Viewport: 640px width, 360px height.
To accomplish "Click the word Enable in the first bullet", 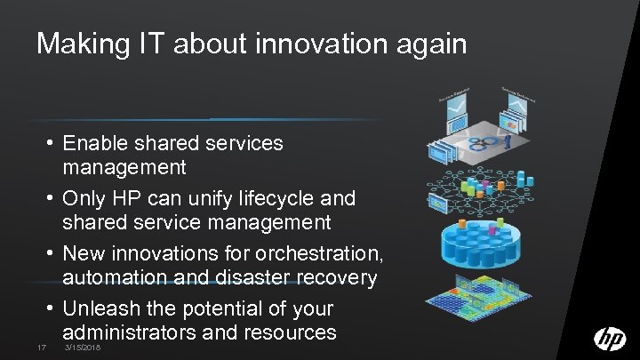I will click(95, 142).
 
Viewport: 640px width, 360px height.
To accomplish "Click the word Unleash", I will click(101, 308).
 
